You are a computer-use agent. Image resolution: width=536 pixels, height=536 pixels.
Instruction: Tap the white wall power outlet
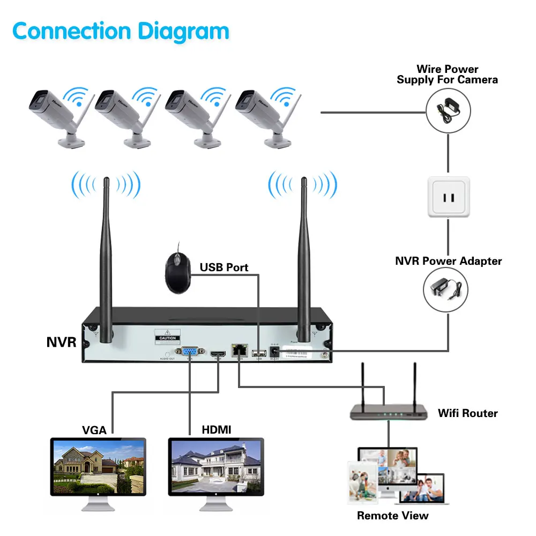click(x=448, y=197)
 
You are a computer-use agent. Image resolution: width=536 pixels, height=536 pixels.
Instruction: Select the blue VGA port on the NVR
click(x=189, y=353)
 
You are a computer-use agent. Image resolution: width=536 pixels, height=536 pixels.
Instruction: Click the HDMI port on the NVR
click(x=218, y=354)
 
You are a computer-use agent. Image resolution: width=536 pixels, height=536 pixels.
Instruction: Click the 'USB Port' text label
click(x=224, y=267)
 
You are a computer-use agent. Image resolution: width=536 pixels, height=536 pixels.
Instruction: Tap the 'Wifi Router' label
click(x=467, y=413)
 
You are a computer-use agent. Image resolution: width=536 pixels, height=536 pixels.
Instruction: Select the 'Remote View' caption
click(x=393, y=516)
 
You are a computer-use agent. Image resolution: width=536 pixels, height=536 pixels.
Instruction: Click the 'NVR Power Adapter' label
click(x=448, y=261)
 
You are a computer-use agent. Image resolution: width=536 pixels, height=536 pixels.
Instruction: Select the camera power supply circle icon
click(x=448, y=109)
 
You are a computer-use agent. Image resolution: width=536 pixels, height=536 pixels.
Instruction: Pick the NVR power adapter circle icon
click(x=448, y=289)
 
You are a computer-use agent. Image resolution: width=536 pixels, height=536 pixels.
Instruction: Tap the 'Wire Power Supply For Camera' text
click(x=447, y=75)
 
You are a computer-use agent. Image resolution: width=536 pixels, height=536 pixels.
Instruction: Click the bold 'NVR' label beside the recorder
click(x=61, y=341)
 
